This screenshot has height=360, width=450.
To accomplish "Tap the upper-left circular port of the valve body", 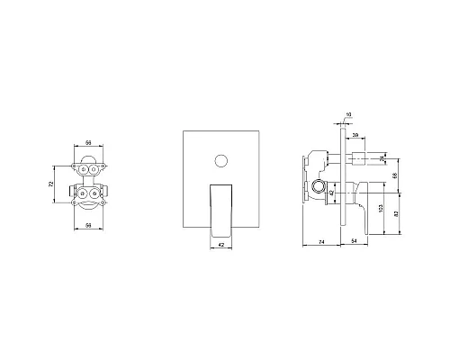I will pos(84,168).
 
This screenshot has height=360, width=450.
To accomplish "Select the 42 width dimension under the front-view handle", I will pos(219,252).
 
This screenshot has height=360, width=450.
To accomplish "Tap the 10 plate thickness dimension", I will pos(348,114).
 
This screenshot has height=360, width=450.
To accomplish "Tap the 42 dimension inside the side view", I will pos(330,192).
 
